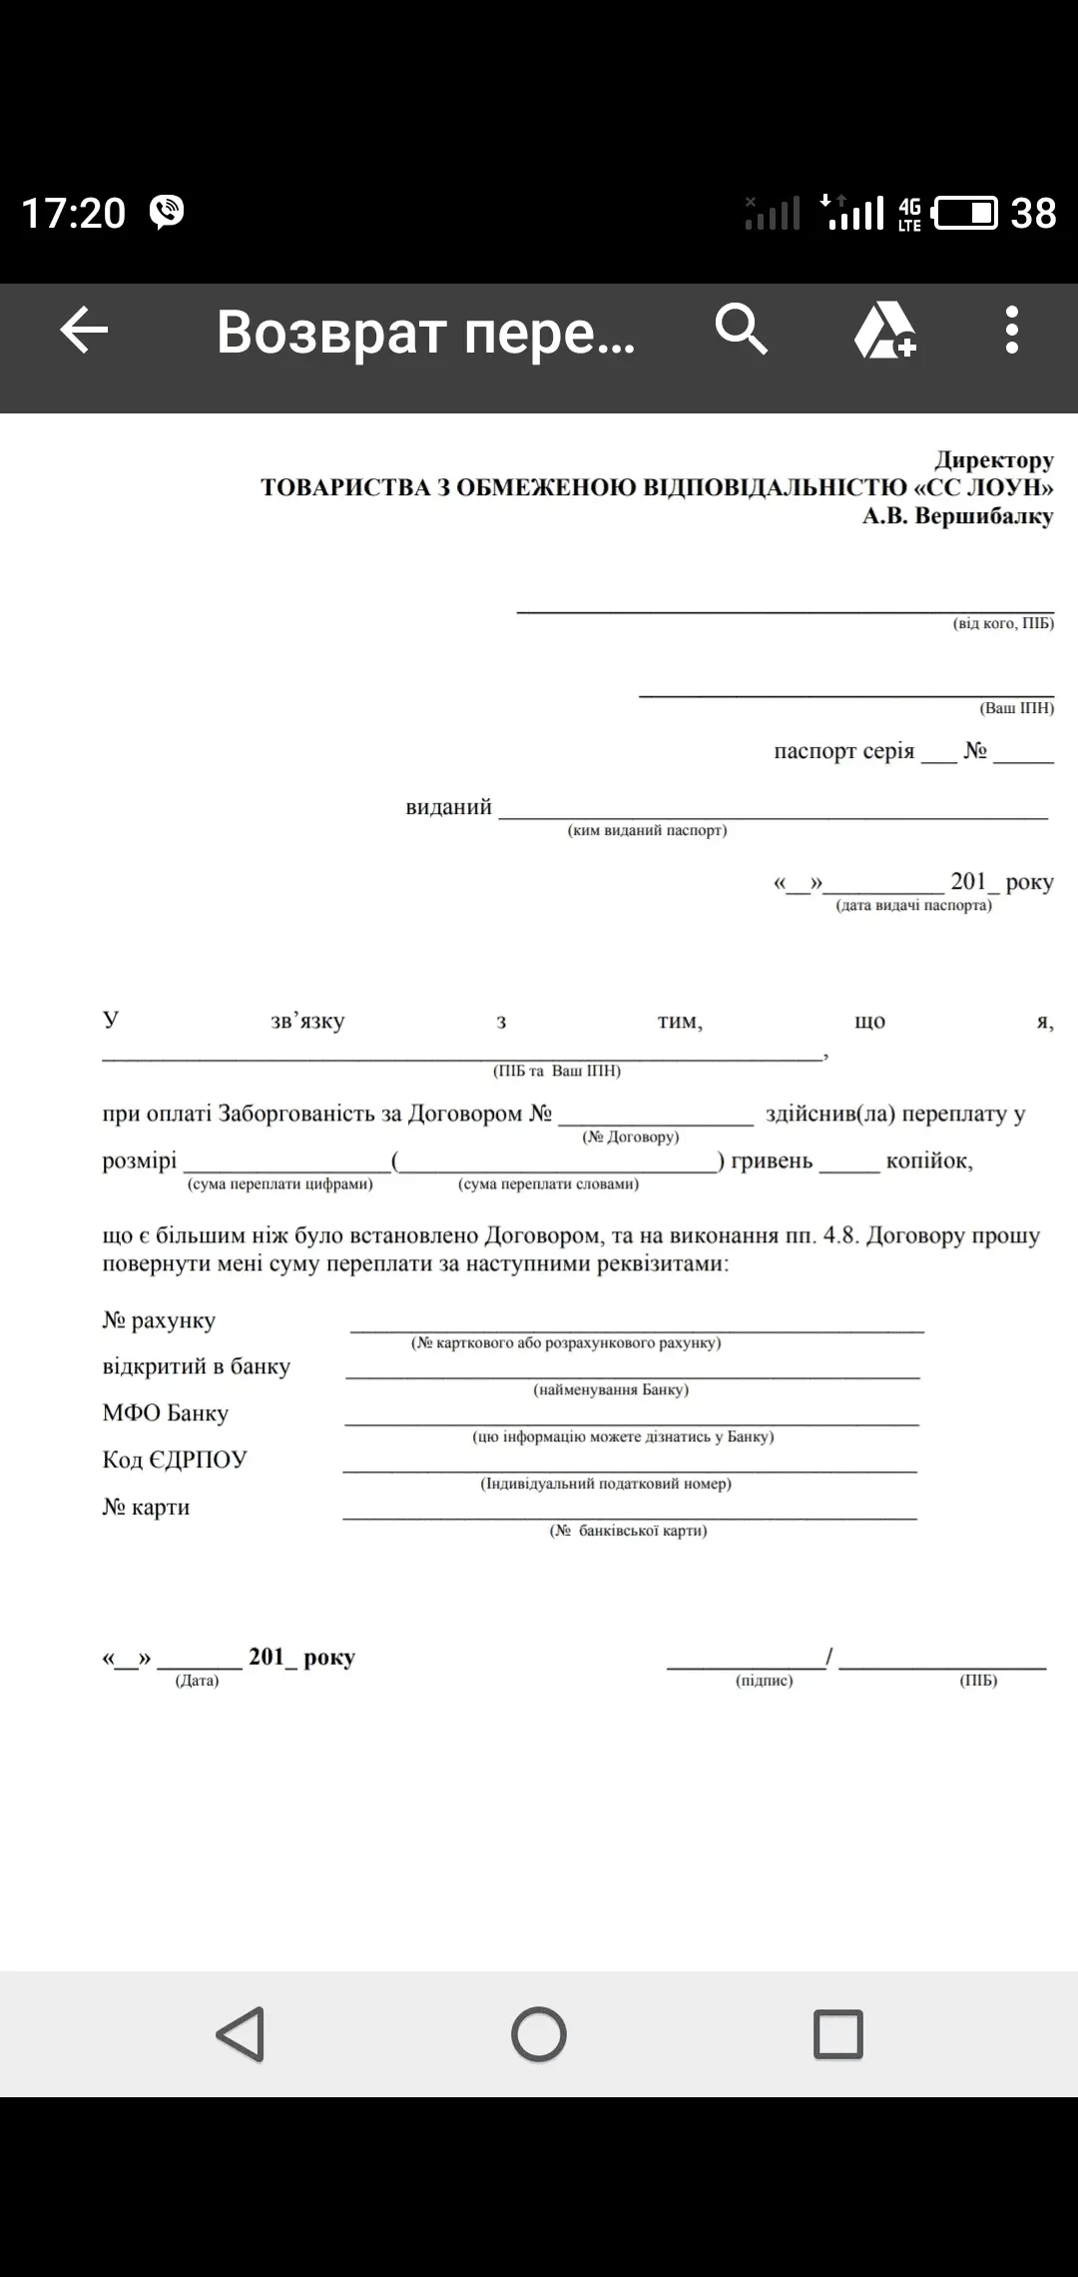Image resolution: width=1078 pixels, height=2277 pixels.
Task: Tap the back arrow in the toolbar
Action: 84,331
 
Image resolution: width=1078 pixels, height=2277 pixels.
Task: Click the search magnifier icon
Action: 741,330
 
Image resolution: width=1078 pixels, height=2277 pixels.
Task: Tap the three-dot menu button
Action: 1011,331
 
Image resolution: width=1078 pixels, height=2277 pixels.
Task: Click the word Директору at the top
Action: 993,460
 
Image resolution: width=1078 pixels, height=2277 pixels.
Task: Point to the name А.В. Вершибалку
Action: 957,516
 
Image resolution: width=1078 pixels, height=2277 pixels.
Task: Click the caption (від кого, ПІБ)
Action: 1002,623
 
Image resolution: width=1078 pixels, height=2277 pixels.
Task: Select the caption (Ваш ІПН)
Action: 1016,708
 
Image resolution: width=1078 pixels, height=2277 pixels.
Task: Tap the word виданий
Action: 448,807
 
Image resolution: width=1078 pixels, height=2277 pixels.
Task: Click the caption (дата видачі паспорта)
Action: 913,906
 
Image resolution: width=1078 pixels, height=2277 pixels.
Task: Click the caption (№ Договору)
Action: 630,1137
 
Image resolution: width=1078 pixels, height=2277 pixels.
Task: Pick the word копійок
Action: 928,1160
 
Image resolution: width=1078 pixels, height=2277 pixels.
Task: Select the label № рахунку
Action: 159,1320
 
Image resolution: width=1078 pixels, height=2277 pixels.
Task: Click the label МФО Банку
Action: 166,1413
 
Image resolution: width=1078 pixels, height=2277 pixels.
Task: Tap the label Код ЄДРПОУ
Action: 175,1460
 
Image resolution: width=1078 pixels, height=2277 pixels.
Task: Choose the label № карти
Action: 146,1507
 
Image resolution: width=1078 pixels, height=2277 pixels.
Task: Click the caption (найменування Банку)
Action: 611,1389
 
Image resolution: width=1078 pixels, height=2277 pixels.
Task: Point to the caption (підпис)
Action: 764,1681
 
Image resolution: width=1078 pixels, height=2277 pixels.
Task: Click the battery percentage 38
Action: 1033,214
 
